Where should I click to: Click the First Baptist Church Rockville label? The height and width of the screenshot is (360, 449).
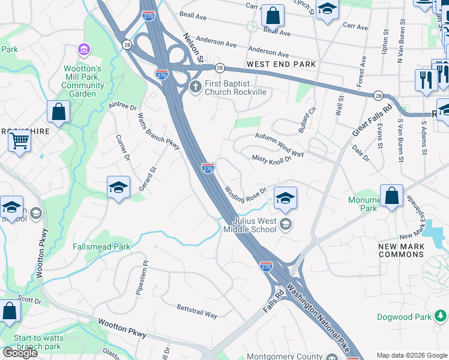point(235,88)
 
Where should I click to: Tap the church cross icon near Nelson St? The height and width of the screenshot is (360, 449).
point(196,88)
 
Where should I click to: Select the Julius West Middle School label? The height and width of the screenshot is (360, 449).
point(251,225)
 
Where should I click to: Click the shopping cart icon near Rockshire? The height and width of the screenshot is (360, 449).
point(20,141)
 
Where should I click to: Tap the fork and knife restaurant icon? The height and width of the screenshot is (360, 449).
point(426,79)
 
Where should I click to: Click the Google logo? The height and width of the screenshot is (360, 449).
point(20,353)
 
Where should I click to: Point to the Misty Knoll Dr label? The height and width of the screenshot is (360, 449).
point(271,158)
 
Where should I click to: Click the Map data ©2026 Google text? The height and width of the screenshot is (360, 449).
point(411,355)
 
